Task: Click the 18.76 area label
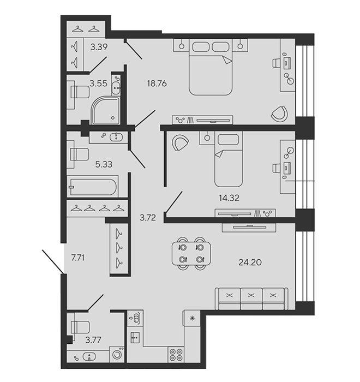click(x=157, y=83)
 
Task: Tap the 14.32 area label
click(x=229, y=198)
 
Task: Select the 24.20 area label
click(x=250, y=262)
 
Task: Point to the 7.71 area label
click(x=77, y=258)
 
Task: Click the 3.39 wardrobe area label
click(x=99, y=46)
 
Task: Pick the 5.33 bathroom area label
click(x=104, y=164)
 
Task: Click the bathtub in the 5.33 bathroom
click(x=93, y=187)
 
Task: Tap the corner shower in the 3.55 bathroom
click(x=106, y=110)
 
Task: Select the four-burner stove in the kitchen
click(x=176, y=355)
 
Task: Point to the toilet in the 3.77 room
click(x=80, y=327)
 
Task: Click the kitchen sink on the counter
click(x=135, y=338)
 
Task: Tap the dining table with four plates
click(x=191, y=253)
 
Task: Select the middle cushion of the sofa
click(x=251, y=299)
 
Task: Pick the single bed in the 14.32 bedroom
click(x=229, y=159)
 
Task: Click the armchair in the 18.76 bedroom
click(x=279, y=114)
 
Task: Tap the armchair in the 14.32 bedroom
click(x=181, y=143)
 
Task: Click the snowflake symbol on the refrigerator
click(x=192, y=318)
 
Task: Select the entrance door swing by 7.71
click(x=53, y=261)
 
